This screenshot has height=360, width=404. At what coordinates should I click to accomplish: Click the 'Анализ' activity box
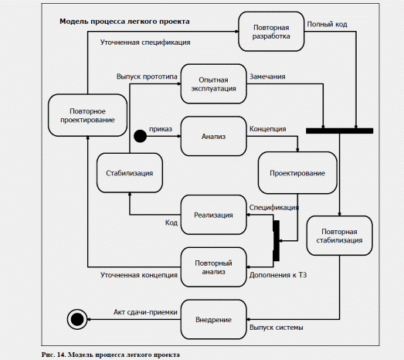pyautogui.click(x=214, y=136)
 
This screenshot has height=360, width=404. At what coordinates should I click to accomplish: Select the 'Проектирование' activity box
pyautogui.click(x=297, y=172)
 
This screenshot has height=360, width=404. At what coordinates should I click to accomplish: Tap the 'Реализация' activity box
pyautogui.click(x=214, y=215)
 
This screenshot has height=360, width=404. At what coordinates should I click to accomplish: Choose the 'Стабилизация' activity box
pyautogui.click(x=130, y=172)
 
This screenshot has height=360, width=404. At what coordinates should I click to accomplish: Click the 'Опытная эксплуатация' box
pyautogui.click(x=214, y=83)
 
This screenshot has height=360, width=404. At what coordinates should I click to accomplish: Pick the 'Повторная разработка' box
pyautogui.click(x=271, y=32)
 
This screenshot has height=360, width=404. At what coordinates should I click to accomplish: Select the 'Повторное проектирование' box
pyautogui.click(x=87, y=115)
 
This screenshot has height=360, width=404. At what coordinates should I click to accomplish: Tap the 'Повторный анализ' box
pyautogui.click(x=214, y=267)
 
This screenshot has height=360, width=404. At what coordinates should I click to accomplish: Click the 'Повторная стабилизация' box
pyautogui.click(x=339, y=236)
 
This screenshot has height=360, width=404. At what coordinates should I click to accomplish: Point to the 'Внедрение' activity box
pyautogui.click(x=214, y=320)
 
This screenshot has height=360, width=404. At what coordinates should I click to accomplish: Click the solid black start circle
pyautogui.click(x=140, y=136)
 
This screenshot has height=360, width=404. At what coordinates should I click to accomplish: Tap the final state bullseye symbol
pyautogui.click(x=77, y=320)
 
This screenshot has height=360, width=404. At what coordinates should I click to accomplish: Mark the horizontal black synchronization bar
pyautogui.click(x=339, y=131)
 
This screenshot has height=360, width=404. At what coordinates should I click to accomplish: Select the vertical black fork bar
pyautogui.click(x=277, y=241)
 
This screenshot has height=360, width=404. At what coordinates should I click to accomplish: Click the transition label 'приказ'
pyautogui.click(x=161, y=129)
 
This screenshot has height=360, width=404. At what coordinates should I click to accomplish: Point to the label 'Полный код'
pyautogui.click(x=328, y=24)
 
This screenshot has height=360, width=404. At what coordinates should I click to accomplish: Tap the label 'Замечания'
pyautogui.click(x=267, y=76)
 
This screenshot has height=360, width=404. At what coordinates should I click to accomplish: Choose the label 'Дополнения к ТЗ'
pyautogui.click(x=278, y=275)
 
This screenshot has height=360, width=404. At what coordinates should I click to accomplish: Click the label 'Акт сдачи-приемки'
pyautogui.click(x=145, y=312)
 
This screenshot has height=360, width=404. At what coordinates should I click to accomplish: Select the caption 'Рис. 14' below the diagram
pyautogui.click(x=53, y=355)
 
